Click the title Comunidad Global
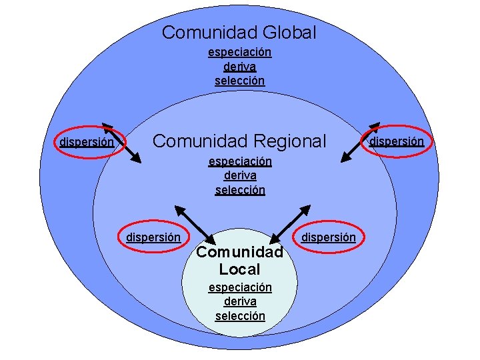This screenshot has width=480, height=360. (239, 32)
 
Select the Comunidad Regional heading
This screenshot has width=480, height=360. (239, 141)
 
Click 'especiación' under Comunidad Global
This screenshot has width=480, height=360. (239, 52)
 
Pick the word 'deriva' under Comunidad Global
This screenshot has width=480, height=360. (239, 67)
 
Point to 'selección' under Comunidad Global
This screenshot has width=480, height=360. (239, 81)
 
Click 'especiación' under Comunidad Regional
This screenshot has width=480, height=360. (240, 161)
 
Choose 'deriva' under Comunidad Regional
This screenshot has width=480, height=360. (240, 175)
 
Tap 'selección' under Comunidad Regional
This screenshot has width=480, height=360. (240, 190)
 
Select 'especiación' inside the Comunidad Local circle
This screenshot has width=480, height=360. (240, 287)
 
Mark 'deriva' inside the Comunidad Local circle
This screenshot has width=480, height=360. (240, 301)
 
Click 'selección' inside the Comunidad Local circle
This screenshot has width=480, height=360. (240, 316)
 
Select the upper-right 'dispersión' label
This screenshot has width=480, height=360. (397, 141)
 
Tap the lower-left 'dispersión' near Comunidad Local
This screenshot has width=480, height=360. (153, 237)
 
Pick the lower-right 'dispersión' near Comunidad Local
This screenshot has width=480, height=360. (329, 237)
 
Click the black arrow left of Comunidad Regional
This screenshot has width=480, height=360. (122, 143)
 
